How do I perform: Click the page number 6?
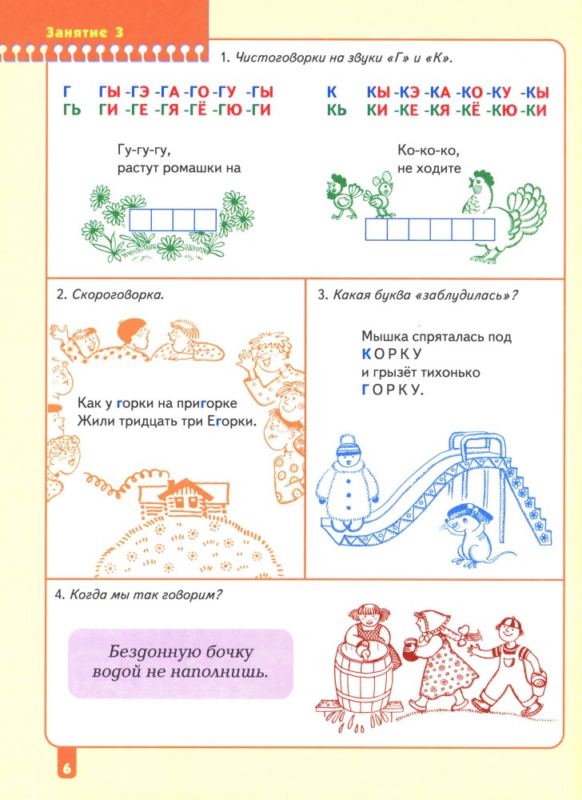(67, 768)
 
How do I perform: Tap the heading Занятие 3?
(85, 32)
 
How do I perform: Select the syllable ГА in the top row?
(167, 92)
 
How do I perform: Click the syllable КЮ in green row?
(505, 110)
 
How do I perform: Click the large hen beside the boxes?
(503, 214)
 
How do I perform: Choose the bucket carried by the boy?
(538, 681)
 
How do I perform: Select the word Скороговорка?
(118, 294)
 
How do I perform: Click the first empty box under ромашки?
(140, 220)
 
